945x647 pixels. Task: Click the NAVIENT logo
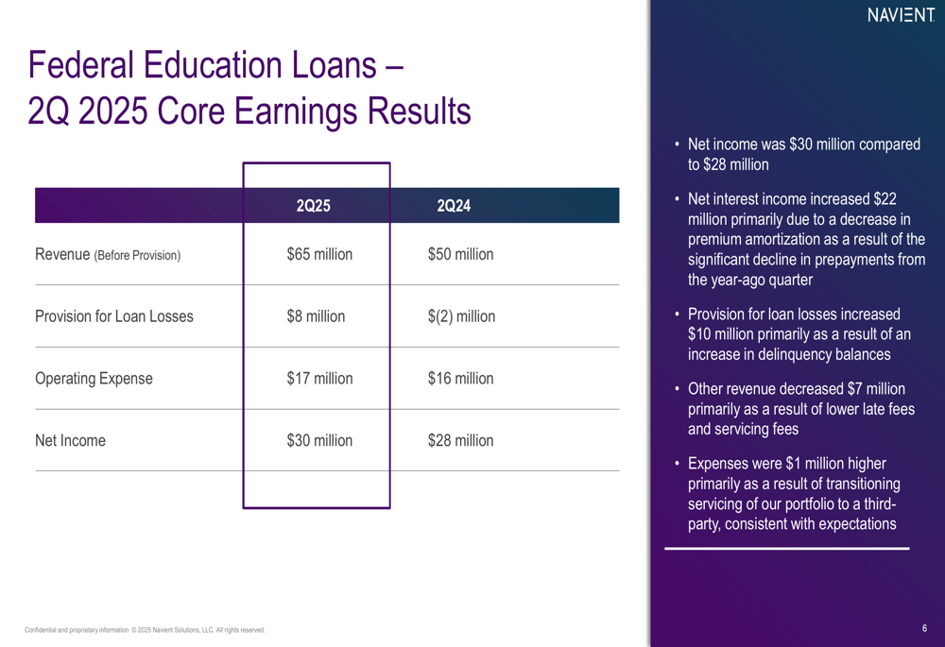[x=901, y=15]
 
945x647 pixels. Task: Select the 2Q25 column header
[x=314, y=206]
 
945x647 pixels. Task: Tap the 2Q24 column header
[x=454, y=206]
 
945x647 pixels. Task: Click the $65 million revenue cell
[x=319, y=254]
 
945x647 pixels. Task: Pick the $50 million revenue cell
[x=460, y=254]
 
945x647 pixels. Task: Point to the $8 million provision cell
[x=316, y=316]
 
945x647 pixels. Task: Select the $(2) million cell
[x=462, y=316]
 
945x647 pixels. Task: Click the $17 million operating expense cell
[x=319, y=379]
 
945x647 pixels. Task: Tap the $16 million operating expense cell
[x=460, y=379]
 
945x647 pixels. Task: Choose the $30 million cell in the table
[x=319, y=440]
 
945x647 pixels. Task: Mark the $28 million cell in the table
[x=460, y=440]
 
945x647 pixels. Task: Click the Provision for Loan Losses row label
[x=114, y=316]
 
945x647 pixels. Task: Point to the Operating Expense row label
[x=94, y=379]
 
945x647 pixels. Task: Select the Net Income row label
[x=70, y=440]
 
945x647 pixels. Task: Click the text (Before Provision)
[x=137, y=255]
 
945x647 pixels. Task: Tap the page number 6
[x=924, y=628]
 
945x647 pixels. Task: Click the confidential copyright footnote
[x=145, y=630]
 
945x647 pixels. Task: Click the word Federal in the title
[x=80, y=64]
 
